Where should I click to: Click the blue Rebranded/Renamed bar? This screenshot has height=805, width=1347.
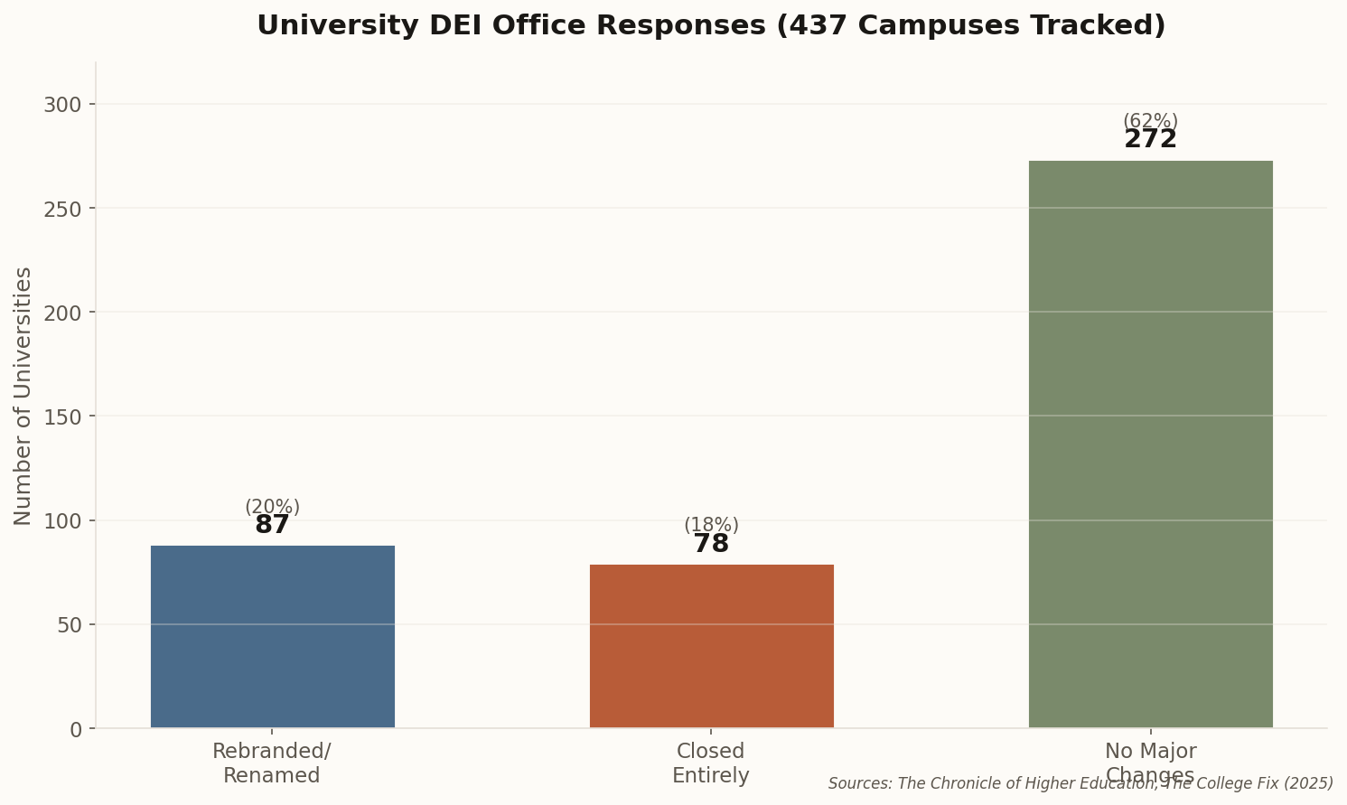272,636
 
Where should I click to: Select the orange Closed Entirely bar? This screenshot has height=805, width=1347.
711,646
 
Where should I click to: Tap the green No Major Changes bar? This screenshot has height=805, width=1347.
1150,444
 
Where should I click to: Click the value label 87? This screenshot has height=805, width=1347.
272,526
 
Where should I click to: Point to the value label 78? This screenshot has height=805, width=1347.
711,545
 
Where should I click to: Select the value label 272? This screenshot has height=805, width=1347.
1150,140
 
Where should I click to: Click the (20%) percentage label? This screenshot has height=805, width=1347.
272,508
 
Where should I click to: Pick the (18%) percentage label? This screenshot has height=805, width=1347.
711,526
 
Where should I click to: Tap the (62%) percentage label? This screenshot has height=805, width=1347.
1150,121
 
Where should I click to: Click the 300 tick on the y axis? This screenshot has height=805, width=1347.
62,105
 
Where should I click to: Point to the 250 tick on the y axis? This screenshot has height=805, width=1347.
62,209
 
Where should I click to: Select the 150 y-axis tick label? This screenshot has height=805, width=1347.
62,417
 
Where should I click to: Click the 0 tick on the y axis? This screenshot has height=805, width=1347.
75,729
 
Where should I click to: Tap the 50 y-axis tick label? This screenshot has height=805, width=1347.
69,625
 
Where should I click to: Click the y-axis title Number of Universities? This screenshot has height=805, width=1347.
23,396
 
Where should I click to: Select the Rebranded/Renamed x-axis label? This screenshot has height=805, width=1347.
272,763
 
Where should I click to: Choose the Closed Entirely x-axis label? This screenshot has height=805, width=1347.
711,763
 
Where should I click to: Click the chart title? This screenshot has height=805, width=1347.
711,25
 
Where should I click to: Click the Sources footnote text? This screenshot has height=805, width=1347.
1080,783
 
